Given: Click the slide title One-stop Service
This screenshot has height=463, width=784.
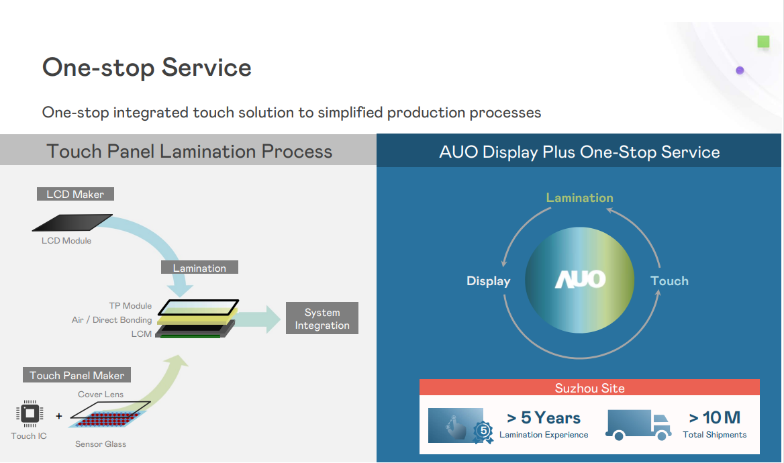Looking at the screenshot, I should coord(146,68).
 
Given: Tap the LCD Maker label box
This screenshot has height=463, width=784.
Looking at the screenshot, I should coord(75,194).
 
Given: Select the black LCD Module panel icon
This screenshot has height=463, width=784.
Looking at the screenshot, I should coord(72,223).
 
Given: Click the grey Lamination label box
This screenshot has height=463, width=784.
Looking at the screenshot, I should coord(199,268).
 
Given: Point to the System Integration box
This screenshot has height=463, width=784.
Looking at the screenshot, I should coord(322,319).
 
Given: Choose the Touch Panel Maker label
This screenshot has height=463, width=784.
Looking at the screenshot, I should coord(77,375).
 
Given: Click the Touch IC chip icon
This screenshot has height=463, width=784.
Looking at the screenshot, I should coord(29,413).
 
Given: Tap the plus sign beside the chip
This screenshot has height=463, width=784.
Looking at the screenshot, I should coord(59,417).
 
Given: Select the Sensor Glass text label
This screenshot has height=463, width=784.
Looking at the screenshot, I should coord(101,444).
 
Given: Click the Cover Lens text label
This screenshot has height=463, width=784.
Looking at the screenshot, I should coord(101,395).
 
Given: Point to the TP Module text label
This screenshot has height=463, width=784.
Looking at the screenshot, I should coord(130,306).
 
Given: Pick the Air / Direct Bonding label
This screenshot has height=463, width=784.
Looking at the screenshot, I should coord(111,320).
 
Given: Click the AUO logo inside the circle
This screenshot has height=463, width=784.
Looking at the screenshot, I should coord(580,280).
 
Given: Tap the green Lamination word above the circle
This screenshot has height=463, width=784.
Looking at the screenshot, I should coord(579,198).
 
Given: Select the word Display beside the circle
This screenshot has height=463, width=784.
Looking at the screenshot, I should coord(488,281).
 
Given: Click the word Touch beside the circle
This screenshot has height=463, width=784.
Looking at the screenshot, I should coord(669,281).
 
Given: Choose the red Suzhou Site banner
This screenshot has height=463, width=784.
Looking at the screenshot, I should coord(589,388).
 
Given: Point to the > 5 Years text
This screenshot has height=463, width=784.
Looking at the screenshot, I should coord(544,418).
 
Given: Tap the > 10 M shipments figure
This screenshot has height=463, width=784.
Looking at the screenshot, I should coord(714,418).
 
